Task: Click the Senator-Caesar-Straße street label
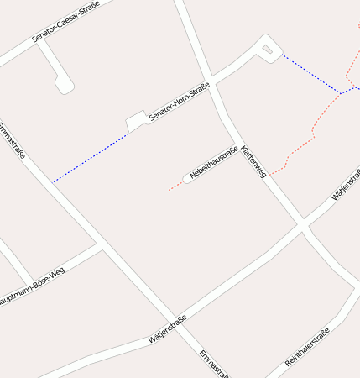tap(65, 22)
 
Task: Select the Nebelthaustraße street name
tap(214, 162)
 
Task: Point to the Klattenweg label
tap(253, 159)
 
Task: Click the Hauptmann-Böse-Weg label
tap(32, 287)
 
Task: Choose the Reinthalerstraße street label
tap(308, 347)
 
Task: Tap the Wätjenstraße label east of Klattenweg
tap(346, 186)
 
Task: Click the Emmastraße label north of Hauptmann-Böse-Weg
tap(13, 140)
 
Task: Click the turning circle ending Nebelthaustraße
tap(187, 178)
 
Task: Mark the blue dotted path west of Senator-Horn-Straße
tap(90, 158)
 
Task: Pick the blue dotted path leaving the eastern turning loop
tap(310, 73)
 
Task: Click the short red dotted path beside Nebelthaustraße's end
tap(175, 186)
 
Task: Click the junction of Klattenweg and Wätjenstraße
tap(301, 226)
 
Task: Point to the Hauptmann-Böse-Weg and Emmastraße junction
tap(101, 245)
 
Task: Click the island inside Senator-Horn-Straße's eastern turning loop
tap(267, 50)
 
